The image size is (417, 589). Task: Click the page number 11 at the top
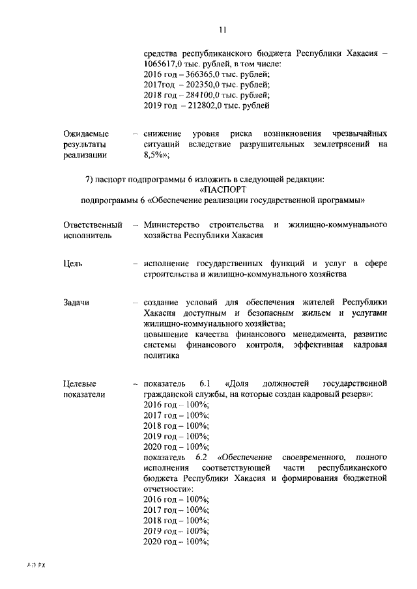[x=222, y=29]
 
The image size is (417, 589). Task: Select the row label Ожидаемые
[x=86, y=133]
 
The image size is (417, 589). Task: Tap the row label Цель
[x=74, y=264]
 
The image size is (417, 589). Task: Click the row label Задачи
[x=76, y=303]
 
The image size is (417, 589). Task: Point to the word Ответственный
[x=93, y=225]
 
